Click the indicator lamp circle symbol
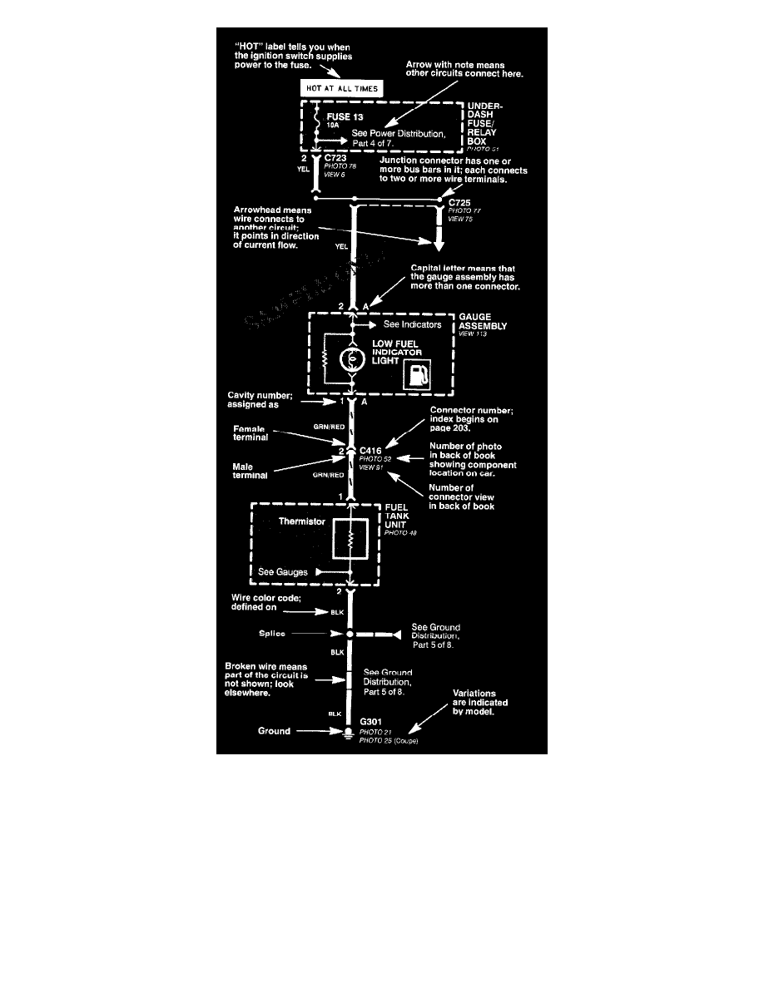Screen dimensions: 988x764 click(x=351, y=360)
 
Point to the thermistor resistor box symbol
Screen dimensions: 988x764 click(x=351, y=540)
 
